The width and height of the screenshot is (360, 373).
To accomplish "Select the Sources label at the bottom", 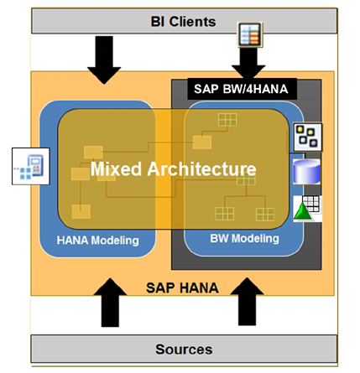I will (x=184, y=349).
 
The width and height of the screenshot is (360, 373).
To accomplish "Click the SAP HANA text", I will (x=183, y=287).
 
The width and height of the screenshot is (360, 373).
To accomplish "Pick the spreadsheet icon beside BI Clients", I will (x=250, y=34).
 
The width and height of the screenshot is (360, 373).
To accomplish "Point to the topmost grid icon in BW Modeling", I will (x=227, y=121).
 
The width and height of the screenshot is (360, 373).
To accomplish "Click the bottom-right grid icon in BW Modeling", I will (x=265, y=214).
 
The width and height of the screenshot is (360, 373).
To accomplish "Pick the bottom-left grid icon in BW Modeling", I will (x=225, y=213).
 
